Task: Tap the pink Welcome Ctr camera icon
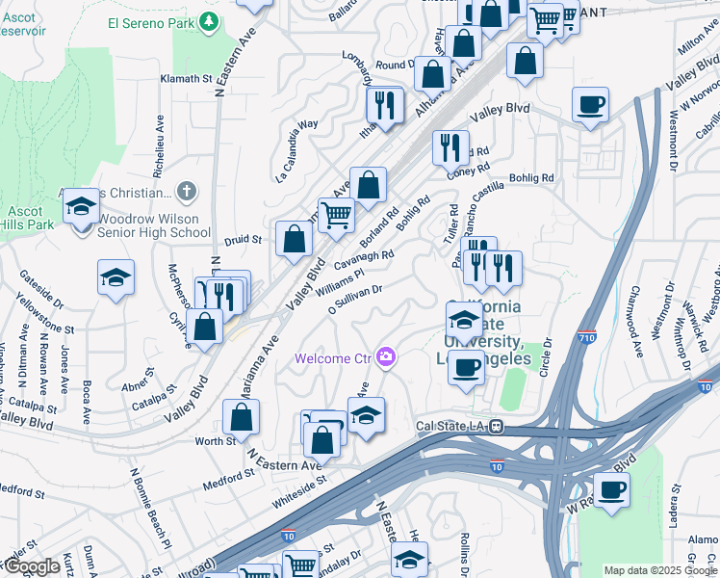pos(386,358)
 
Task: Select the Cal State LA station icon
pos(495,426)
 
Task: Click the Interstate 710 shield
pos(588,338)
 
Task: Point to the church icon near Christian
pos(187,192)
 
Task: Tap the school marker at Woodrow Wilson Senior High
pos(81,207)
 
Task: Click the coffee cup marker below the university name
pos(467,366)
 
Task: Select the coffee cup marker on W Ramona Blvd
pos(611,489)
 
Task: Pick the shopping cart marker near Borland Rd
pos(336,215)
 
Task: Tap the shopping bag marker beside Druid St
pos(293,238)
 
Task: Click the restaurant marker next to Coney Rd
pos(450,147)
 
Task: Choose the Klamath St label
pos(186,78)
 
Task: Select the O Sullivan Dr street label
pos(356,298)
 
